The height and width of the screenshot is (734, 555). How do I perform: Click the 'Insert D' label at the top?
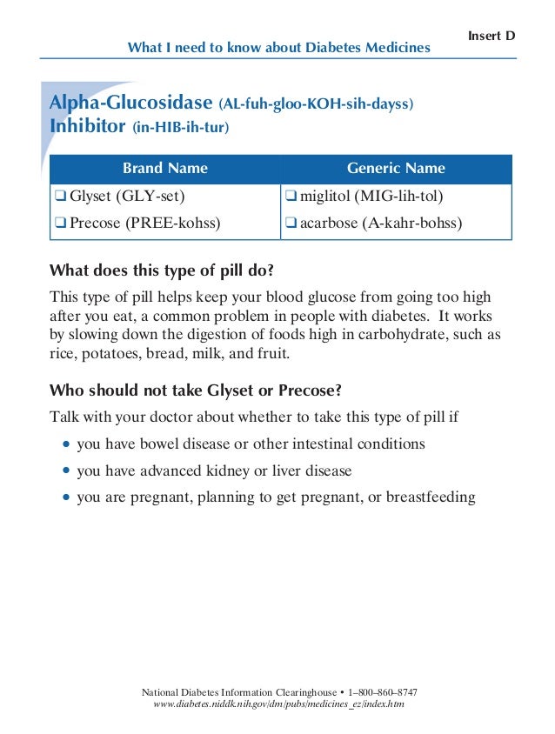point(491,36)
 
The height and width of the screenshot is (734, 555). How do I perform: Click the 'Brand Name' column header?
point(164,169)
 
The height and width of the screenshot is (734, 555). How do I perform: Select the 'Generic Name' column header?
point(396,169)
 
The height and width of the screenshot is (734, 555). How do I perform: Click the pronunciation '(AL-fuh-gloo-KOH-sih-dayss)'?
point(316,105)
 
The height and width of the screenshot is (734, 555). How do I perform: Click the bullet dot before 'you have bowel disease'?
point(68,444)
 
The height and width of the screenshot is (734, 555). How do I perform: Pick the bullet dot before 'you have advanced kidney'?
point(68,471)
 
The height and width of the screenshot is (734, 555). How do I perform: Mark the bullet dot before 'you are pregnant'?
point(68,498)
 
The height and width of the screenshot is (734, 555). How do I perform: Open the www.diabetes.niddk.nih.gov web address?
point(278,704)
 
